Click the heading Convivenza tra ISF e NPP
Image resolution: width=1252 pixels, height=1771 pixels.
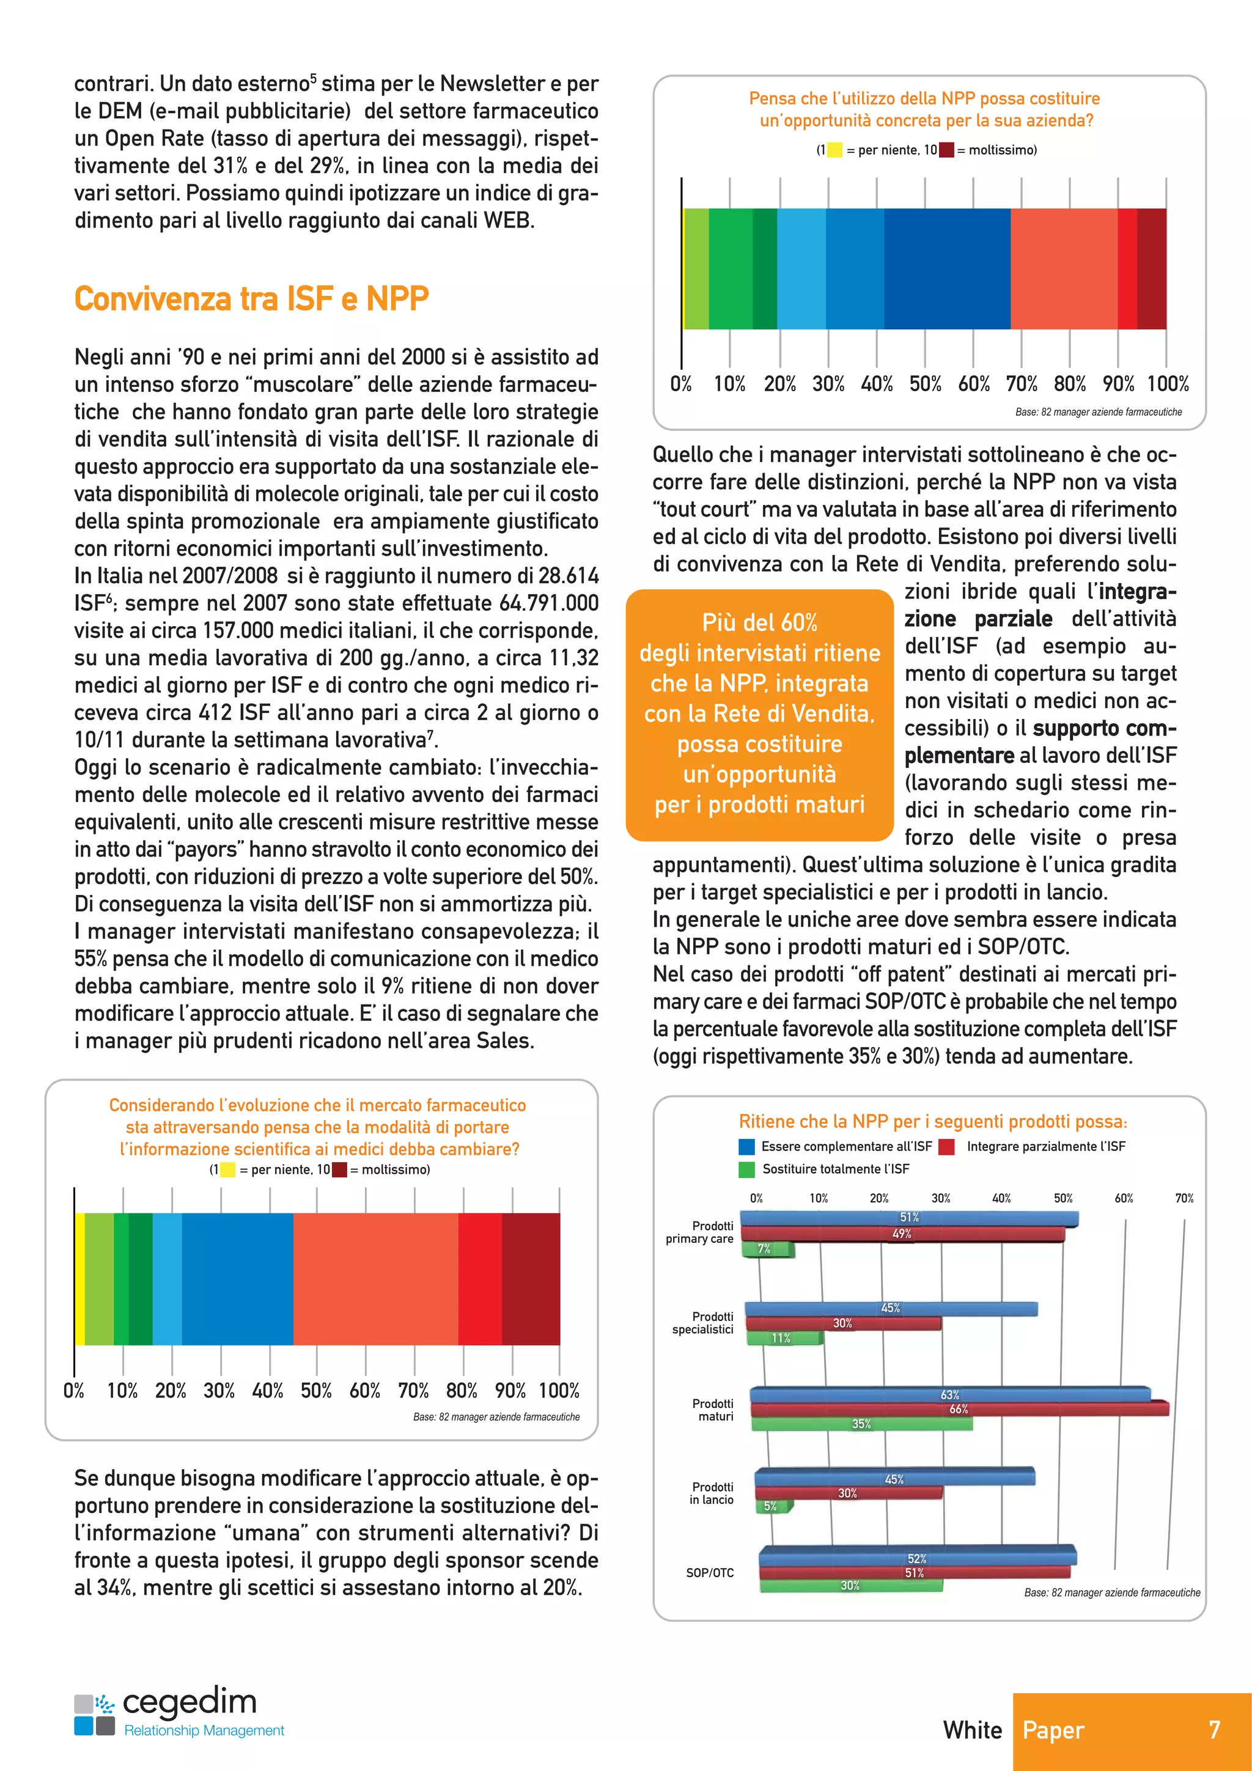tap(251, 298)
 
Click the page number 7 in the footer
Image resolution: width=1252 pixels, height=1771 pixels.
tap(1214, 1730)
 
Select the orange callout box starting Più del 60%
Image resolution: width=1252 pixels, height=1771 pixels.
tap(759, 714)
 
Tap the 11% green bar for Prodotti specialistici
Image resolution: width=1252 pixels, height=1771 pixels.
tap(783, 1338)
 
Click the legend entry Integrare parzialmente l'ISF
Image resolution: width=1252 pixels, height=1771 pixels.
tap(1045, 1147)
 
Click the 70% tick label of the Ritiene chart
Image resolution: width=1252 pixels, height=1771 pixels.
tap(1184, 1199)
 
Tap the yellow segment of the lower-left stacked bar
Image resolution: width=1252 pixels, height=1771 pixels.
tap(79, 1279)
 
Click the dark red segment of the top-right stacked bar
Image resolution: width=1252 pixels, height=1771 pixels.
tap(1151, 268)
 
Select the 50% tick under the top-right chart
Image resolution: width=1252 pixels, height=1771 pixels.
tap(925, 384)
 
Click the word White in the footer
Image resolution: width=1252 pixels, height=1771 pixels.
tap(972, 1730)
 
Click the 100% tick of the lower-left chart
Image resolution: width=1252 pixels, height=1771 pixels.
tap(559, 1391)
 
